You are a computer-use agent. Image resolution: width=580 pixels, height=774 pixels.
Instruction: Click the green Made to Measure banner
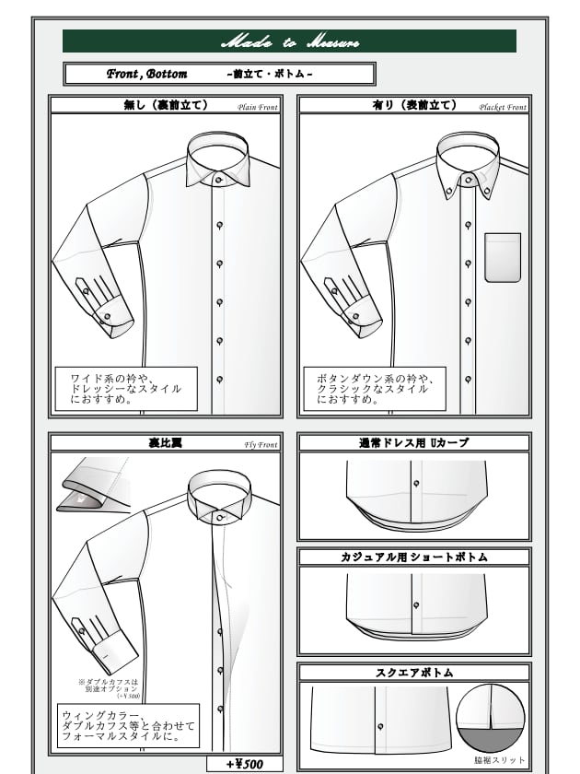click(289, 41)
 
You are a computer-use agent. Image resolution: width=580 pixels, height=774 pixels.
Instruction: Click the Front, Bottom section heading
click(219, 74)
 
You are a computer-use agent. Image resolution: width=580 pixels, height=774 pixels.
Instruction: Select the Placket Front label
click(503, 107)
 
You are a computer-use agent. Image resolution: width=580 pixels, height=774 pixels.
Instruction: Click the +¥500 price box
click(243, 764)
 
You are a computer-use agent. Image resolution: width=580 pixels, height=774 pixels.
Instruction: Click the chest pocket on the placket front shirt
click(503, 257)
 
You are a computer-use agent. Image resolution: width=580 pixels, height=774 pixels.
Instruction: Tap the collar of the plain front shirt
click(218, 156)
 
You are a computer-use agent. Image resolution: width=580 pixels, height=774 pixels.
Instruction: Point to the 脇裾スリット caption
click(500, 761)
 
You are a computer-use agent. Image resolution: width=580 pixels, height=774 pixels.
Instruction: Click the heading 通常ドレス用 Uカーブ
click(413, 442)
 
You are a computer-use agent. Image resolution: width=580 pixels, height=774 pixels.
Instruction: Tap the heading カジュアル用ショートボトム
click(413, 557)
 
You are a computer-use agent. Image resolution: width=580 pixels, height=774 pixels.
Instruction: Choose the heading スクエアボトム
click(413, 673)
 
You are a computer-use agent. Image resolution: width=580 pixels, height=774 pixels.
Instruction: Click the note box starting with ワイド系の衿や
click(125, 389)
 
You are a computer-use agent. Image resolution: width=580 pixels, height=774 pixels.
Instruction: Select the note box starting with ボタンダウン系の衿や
click(374, 389)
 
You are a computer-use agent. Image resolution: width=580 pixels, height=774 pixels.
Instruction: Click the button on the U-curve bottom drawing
click(415, 484)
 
